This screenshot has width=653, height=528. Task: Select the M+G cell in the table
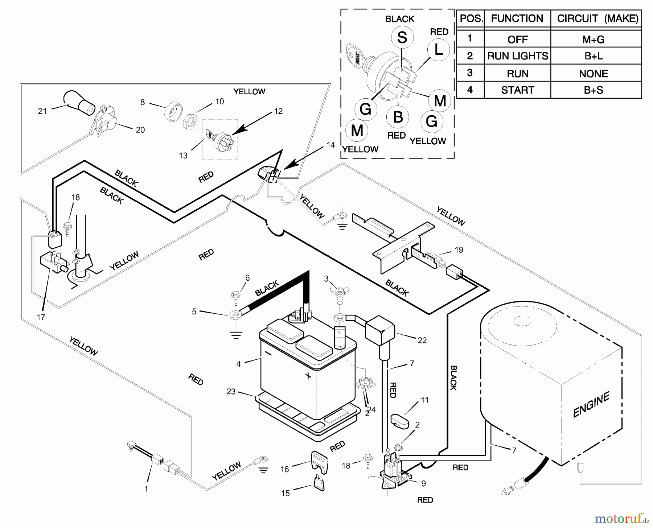594,39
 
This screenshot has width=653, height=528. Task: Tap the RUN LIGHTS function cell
517,56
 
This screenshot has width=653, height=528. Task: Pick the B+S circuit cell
594,90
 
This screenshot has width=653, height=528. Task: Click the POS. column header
471,18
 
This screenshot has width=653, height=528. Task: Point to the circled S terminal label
402,37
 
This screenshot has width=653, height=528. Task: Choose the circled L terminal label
438,50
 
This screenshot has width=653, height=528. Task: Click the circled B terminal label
398,117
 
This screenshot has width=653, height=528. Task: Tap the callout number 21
42,111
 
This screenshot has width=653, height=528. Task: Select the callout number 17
41,317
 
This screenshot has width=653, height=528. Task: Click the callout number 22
422,340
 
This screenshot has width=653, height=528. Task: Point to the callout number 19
459,249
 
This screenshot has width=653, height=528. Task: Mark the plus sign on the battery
308,376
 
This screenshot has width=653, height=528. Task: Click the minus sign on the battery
268,352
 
